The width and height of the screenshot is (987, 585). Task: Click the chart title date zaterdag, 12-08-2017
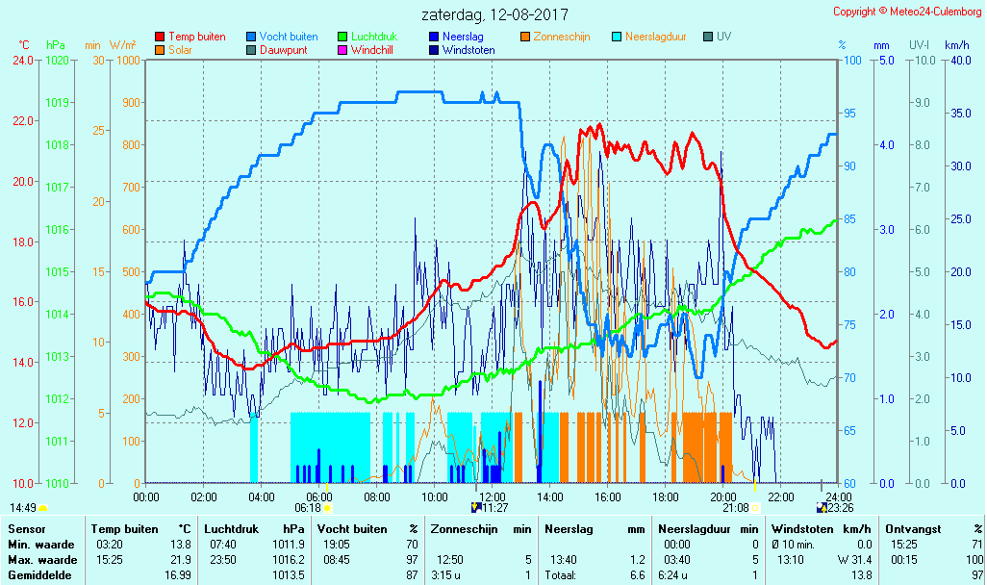point(494,14)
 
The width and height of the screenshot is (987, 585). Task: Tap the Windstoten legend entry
point(468,50)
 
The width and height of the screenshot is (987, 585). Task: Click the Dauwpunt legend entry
point(283,50)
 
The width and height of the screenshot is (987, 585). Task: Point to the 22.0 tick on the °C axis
point(22,121)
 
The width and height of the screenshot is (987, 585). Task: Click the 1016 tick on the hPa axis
point(58,229)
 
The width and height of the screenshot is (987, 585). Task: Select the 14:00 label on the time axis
point(549,496)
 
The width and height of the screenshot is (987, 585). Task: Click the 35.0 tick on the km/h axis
point(957,114)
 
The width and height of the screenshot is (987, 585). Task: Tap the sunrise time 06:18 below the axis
point(307,507)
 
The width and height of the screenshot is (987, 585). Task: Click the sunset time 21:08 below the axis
point(736,507)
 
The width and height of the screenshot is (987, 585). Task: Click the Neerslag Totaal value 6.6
point(637,575)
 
